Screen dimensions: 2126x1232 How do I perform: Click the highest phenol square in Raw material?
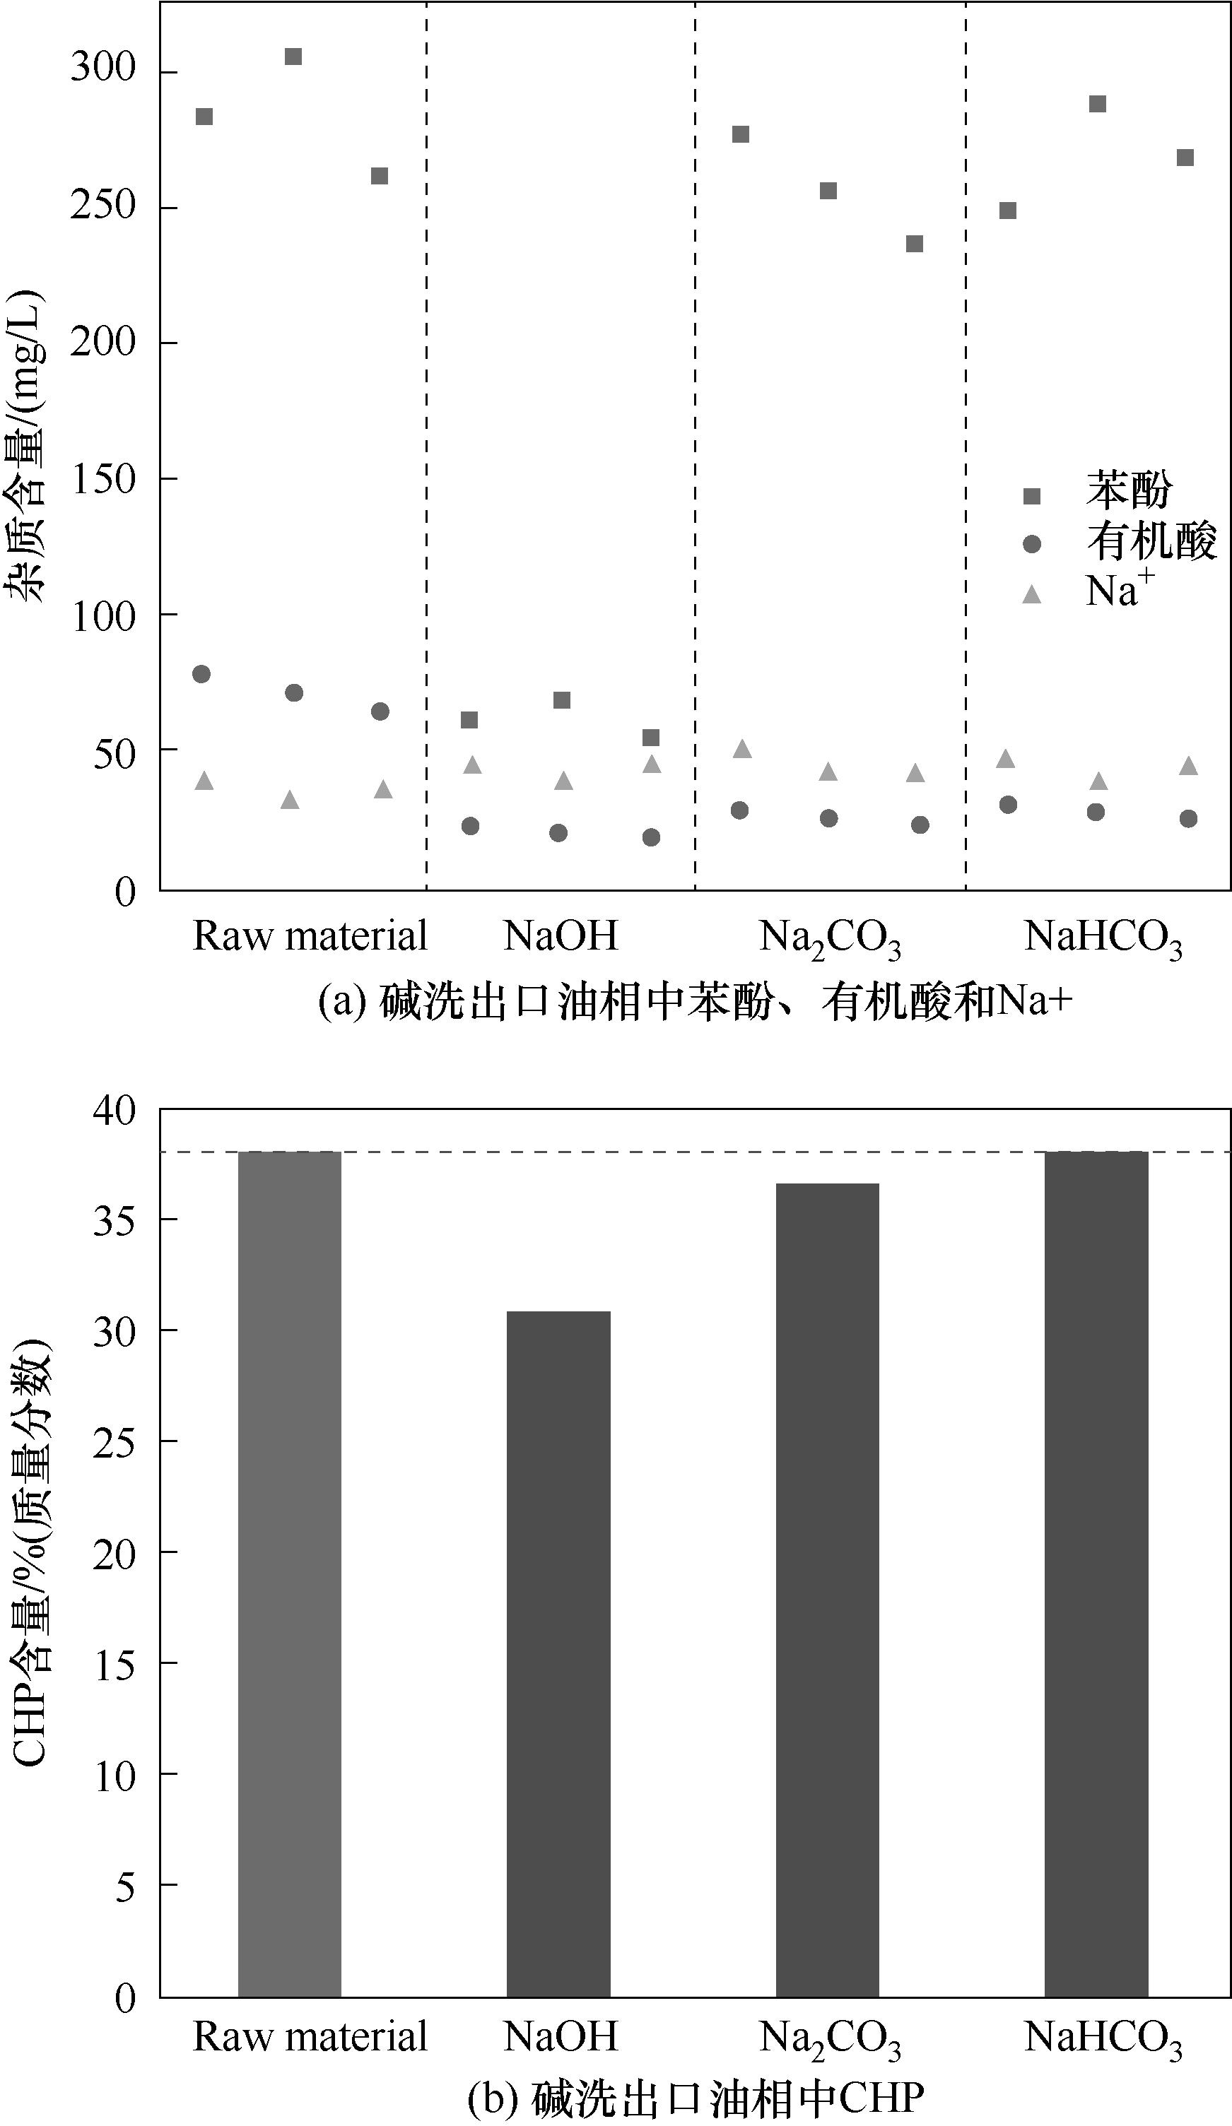[293, 57]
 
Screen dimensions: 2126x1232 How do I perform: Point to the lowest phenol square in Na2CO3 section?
[914, 244]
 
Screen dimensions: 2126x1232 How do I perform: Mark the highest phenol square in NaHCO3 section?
[1097, 104]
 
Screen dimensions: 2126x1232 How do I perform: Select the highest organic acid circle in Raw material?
[201, 673]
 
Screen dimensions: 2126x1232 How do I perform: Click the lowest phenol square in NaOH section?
[650, 738]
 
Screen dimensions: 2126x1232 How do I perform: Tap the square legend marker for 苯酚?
[1031, 496]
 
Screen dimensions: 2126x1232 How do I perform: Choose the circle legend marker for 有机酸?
[1031, 545]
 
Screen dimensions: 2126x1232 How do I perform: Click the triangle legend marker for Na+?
[1031, 596]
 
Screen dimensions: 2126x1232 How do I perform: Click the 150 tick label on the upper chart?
[103, 479]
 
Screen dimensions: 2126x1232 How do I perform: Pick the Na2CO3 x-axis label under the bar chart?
[830, 2038]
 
